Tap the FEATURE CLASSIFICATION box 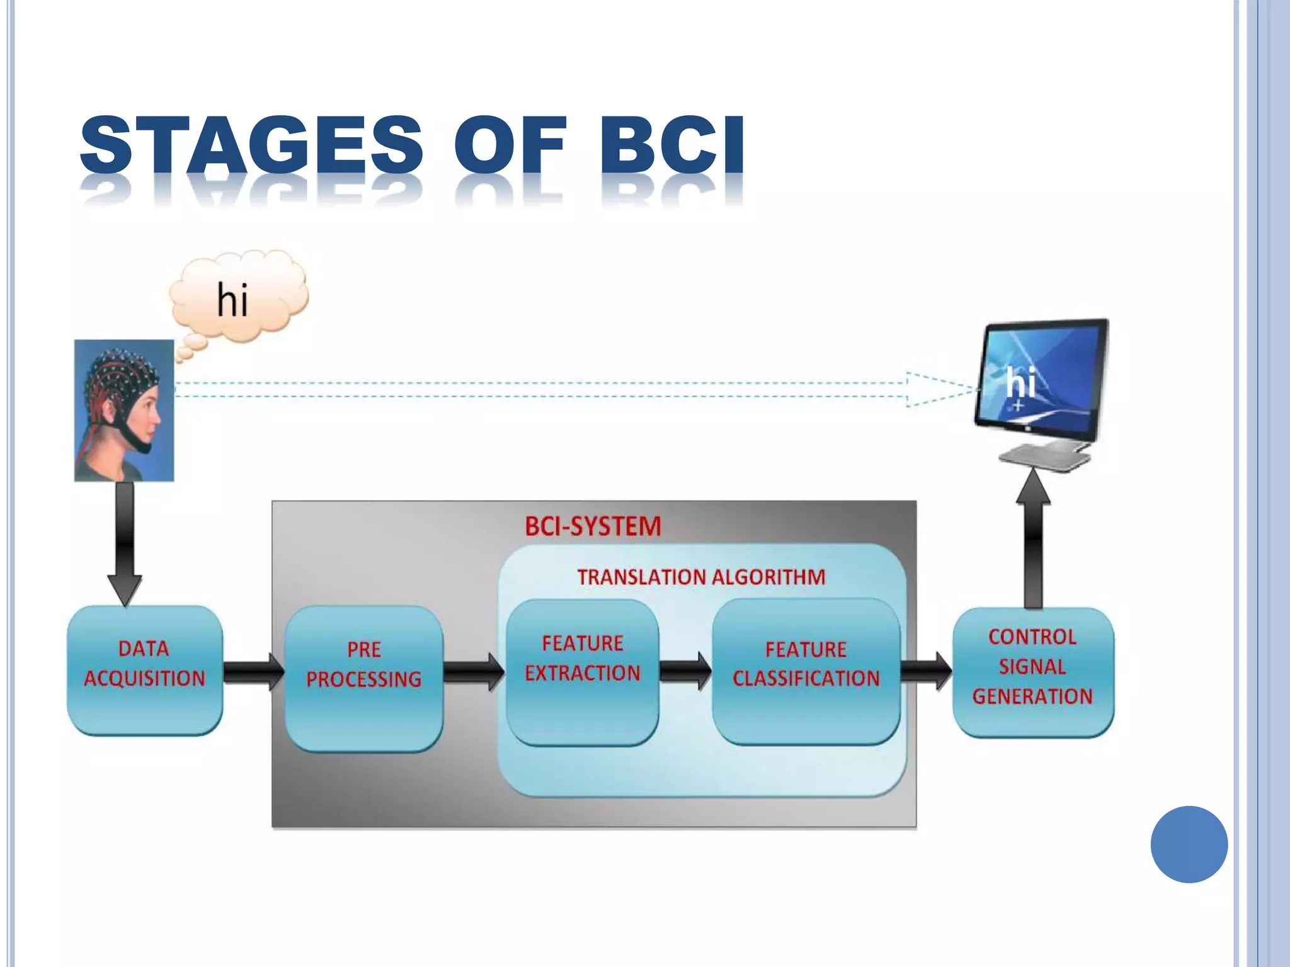pos(806,671)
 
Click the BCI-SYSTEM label pos(593,526)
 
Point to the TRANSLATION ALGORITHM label pos(701,577)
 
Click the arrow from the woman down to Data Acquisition pos(125,541)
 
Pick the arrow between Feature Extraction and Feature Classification pos(685,671)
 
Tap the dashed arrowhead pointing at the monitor pos(939,390)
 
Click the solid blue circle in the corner pos(1189,844)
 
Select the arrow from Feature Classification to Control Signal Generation pos(925,671)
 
